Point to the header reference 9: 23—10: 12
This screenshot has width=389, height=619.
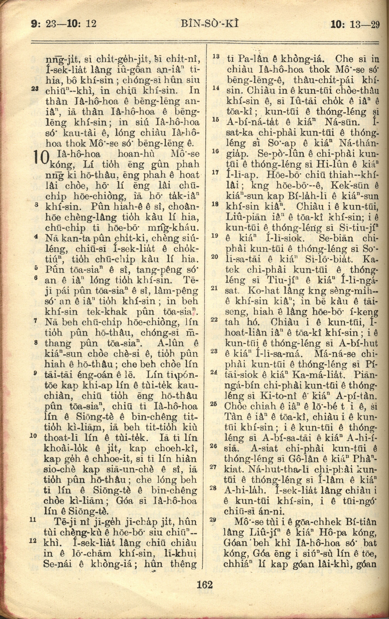[64, 24]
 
